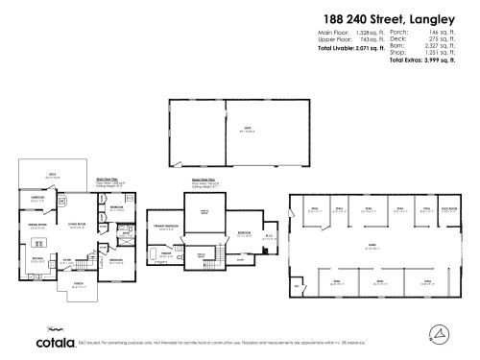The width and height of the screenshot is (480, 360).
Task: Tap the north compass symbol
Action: click(437, 333)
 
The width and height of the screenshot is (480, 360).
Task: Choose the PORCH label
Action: click(77, 285)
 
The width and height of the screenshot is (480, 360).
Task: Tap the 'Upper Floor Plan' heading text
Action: click(202, 179)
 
